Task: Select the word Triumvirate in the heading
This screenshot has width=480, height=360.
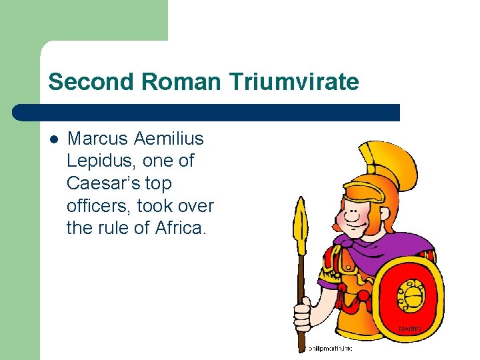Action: pyautogui.click(x=294, y=82)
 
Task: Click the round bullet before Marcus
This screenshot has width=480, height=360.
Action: pyautogui.click(x=54, y=139)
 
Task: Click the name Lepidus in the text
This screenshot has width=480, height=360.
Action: pyautogui.click(x=98, y=161)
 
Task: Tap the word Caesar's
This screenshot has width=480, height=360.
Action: pyautogui.click(x=100, y=183)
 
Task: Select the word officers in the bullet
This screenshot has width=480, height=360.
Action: pyautogui.click(x=99, y=205)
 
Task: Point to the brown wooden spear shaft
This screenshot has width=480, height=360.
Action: pyautogui.click(x=301, y=280)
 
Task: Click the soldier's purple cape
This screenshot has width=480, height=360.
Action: pyautogui.click(x=373, y=247)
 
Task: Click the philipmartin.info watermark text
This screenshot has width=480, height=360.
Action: pyautogui.click(x=329, y=348)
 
